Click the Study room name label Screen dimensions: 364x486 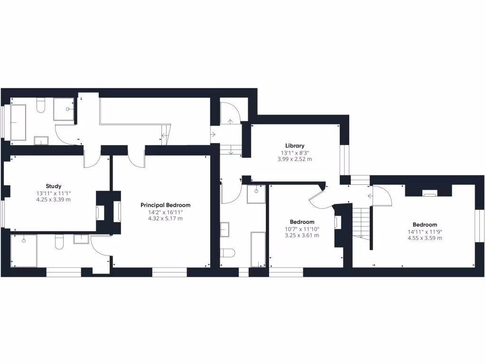[x=53, y=186]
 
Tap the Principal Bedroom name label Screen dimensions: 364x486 [x=165, y=205]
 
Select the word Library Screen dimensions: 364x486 [x=295, y=146]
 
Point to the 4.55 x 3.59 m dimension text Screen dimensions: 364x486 [x=425, y=238]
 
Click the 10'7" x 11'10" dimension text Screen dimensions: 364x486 [x=302, y=229]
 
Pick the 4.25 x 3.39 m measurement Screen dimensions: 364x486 [x=53, y=200]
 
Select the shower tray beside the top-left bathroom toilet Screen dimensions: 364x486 [x=64, y=109]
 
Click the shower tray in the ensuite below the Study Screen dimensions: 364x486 [x=24, y=250]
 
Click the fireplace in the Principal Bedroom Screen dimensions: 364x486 [x=117, y=211]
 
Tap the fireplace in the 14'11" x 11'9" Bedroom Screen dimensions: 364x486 [x=430, y=193]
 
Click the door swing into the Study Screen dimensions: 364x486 [x=92, y=160]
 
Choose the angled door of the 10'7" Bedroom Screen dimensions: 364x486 [x=318, y=197]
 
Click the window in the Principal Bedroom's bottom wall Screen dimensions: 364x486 [x=169, y=272]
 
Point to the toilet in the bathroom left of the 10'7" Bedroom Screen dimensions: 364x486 [x=228, y=252]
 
